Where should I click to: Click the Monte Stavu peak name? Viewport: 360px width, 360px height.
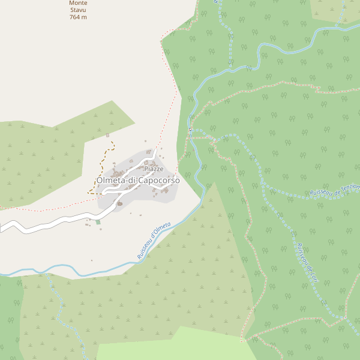pos(78,7)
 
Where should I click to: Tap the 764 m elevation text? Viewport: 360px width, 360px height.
pos(78,17)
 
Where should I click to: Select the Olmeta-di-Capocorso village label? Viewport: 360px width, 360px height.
pos(138,180)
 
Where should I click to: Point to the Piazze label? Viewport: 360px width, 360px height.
pos(154,169)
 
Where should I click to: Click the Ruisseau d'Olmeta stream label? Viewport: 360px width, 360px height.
pos(154,241)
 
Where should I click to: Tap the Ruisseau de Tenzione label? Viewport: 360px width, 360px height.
pos(335,189)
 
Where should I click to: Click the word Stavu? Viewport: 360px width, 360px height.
pos(78,10)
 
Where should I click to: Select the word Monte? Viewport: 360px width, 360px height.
pos(78,3)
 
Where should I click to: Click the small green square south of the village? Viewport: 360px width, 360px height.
pos(98,222)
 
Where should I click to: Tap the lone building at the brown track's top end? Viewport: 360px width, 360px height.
pos(107,136)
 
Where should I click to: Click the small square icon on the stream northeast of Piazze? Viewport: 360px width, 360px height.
pos(190,129)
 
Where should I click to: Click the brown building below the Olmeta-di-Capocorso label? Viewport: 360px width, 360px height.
pos(119,203)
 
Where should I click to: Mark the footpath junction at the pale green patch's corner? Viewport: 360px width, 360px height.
pos(242,341)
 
